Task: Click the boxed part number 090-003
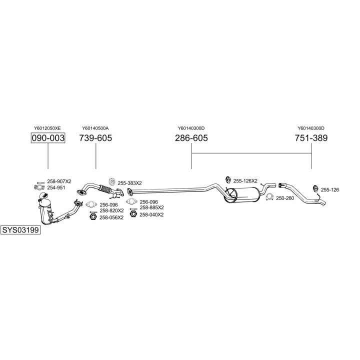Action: (x=48, y=138)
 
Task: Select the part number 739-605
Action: (x=95, y=138)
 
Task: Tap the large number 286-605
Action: (x=191, y=138)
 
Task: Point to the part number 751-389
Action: (x=311, y=138)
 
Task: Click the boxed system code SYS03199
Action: (x=20, y=231)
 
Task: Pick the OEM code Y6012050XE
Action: (x=47, y=128)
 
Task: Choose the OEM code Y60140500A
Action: (x=95, y=128)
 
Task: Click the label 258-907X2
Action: (x=59, y=181)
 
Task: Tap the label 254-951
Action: (x=56, y=187)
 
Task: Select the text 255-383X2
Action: (x=130, y=183)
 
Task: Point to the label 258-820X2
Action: (x=111, y=210)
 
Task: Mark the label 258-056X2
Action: (x=111, y=217)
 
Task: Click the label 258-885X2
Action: (x=152, y=207)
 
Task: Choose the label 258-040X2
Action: (x=151, y=214)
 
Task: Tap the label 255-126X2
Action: (x=245, y=180)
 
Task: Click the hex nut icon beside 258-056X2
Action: (x=92, y=217)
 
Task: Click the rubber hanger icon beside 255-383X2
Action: (x=112, y=181)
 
